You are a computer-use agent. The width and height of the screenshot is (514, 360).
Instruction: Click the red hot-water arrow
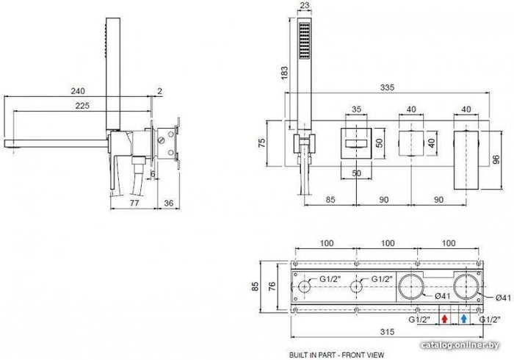444,318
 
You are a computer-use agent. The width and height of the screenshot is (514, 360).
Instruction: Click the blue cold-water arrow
463,318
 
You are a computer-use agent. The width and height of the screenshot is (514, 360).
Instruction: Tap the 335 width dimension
387,87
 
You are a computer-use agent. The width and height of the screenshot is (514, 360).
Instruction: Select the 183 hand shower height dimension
285,73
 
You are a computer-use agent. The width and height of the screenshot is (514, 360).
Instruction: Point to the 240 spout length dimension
78,91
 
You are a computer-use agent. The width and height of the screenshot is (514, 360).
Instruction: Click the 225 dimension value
82,106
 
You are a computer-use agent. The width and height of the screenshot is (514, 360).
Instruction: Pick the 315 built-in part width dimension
387,332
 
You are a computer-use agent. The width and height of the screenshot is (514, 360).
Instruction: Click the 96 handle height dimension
496,159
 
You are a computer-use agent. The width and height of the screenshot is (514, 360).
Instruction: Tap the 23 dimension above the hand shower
304,5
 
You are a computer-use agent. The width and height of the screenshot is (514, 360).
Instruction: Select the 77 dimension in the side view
134,203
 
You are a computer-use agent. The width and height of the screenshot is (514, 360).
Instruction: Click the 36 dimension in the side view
168,203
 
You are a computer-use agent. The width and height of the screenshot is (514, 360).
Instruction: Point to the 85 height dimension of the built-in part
255,287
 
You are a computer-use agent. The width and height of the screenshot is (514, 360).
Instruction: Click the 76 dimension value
272,287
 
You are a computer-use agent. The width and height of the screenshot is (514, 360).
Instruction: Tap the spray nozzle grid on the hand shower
304,40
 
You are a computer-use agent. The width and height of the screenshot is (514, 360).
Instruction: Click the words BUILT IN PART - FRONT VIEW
336,355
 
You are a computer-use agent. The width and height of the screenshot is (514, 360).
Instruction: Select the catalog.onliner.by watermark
460,345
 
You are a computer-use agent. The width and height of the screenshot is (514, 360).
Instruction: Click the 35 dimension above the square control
356,109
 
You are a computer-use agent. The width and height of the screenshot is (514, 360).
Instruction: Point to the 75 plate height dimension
261,143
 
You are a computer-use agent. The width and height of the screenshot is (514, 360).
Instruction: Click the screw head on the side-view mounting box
162,140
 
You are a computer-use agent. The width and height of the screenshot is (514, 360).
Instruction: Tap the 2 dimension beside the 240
159,91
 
